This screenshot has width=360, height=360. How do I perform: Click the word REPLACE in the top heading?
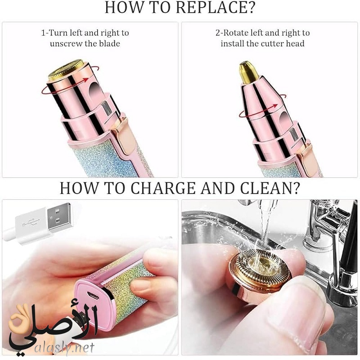(x=216, y=8)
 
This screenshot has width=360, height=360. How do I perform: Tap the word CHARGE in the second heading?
(x=163, y=188)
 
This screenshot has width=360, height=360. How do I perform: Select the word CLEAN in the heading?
(x=270, y=188)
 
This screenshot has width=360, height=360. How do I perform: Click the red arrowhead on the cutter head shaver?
(x=275, y=106)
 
